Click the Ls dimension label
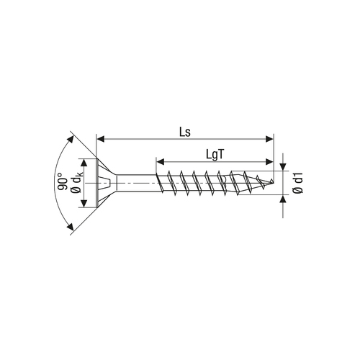185,132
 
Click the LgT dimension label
215,155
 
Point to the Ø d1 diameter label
298,183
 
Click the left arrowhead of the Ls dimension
100,139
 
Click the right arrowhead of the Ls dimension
269,139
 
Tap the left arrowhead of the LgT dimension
161,162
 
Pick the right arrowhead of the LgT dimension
269,162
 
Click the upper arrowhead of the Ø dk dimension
84,163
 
